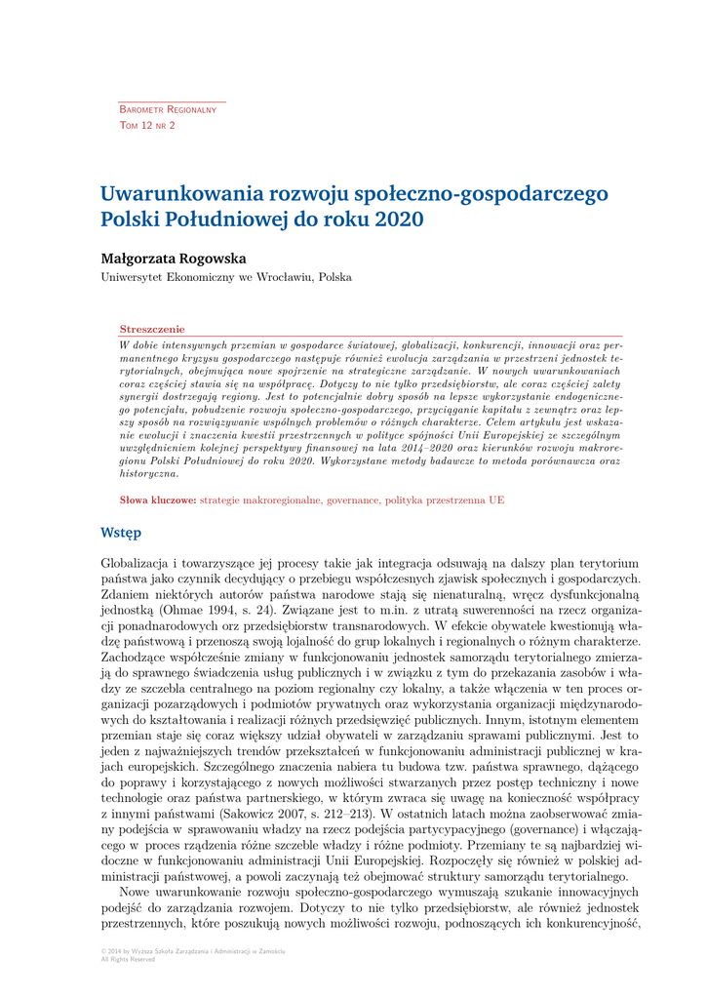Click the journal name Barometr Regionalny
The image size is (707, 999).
[x=168, y=110]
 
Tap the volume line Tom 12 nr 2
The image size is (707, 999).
[x=147, y=126]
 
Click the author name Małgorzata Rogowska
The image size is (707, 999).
[x=174, y=259]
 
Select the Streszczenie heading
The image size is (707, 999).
[x=151, y=330]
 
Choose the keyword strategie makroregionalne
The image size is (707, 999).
[x=258, y=499]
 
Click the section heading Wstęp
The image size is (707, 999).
[x=121, y=533]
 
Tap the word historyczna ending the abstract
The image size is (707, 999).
[x=149, y=473]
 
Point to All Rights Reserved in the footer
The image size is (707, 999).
[x=128, y=959]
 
